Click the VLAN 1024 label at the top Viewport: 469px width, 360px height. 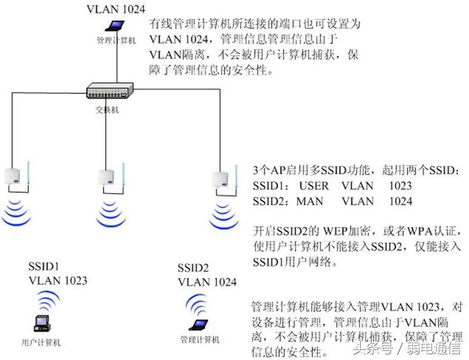[115, 9]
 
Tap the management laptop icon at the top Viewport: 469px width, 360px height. [116, 27]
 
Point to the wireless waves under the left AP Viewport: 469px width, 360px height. [18, 210]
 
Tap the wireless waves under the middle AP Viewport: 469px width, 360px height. [110, 211]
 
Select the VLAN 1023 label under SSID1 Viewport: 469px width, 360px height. [58, 281]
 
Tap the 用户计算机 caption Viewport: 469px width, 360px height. [42, 343]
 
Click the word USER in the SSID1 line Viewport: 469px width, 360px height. [314, 185]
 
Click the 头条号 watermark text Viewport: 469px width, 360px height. [375, 348]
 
